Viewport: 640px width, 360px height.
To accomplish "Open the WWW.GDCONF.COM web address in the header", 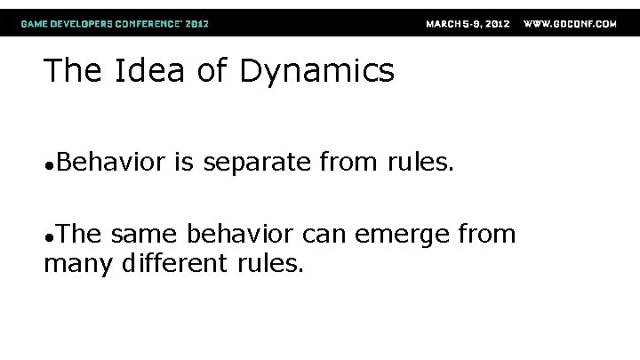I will click(571, 24).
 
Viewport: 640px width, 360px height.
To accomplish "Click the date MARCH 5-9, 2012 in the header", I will click(468, 24).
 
